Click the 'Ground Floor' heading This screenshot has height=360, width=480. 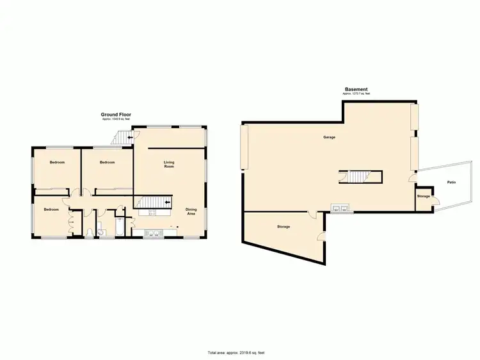(116, 115)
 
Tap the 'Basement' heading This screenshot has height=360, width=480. (356, 90)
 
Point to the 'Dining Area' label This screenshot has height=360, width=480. (191, 211)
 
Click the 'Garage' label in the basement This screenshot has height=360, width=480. (329, 137)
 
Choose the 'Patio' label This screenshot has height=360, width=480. (451, 183)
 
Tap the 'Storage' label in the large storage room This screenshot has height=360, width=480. (284, 227)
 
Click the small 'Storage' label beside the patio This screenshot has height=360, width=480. (423, 196)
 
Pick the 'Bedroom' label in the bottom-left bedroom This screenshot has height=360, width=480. (51, 209)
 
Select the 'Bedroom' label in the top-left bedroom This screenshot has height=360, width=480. (58, 163)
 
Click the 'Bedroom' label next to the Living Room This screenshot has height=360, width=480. (108, 163)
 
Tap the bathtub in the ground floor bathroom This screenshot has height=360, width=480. (121, 227)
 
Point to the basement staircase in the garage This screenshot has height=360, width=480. (358, 176)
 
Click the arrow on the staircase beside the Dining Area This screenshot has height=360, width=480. (168, 202)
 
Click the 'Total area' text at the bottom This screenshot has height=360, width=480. (236, 353)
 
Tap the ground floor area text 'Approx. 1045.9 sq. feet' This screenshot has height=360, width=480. (116, 120)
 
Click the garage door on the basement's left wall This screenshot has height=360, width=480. (243, 147)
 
